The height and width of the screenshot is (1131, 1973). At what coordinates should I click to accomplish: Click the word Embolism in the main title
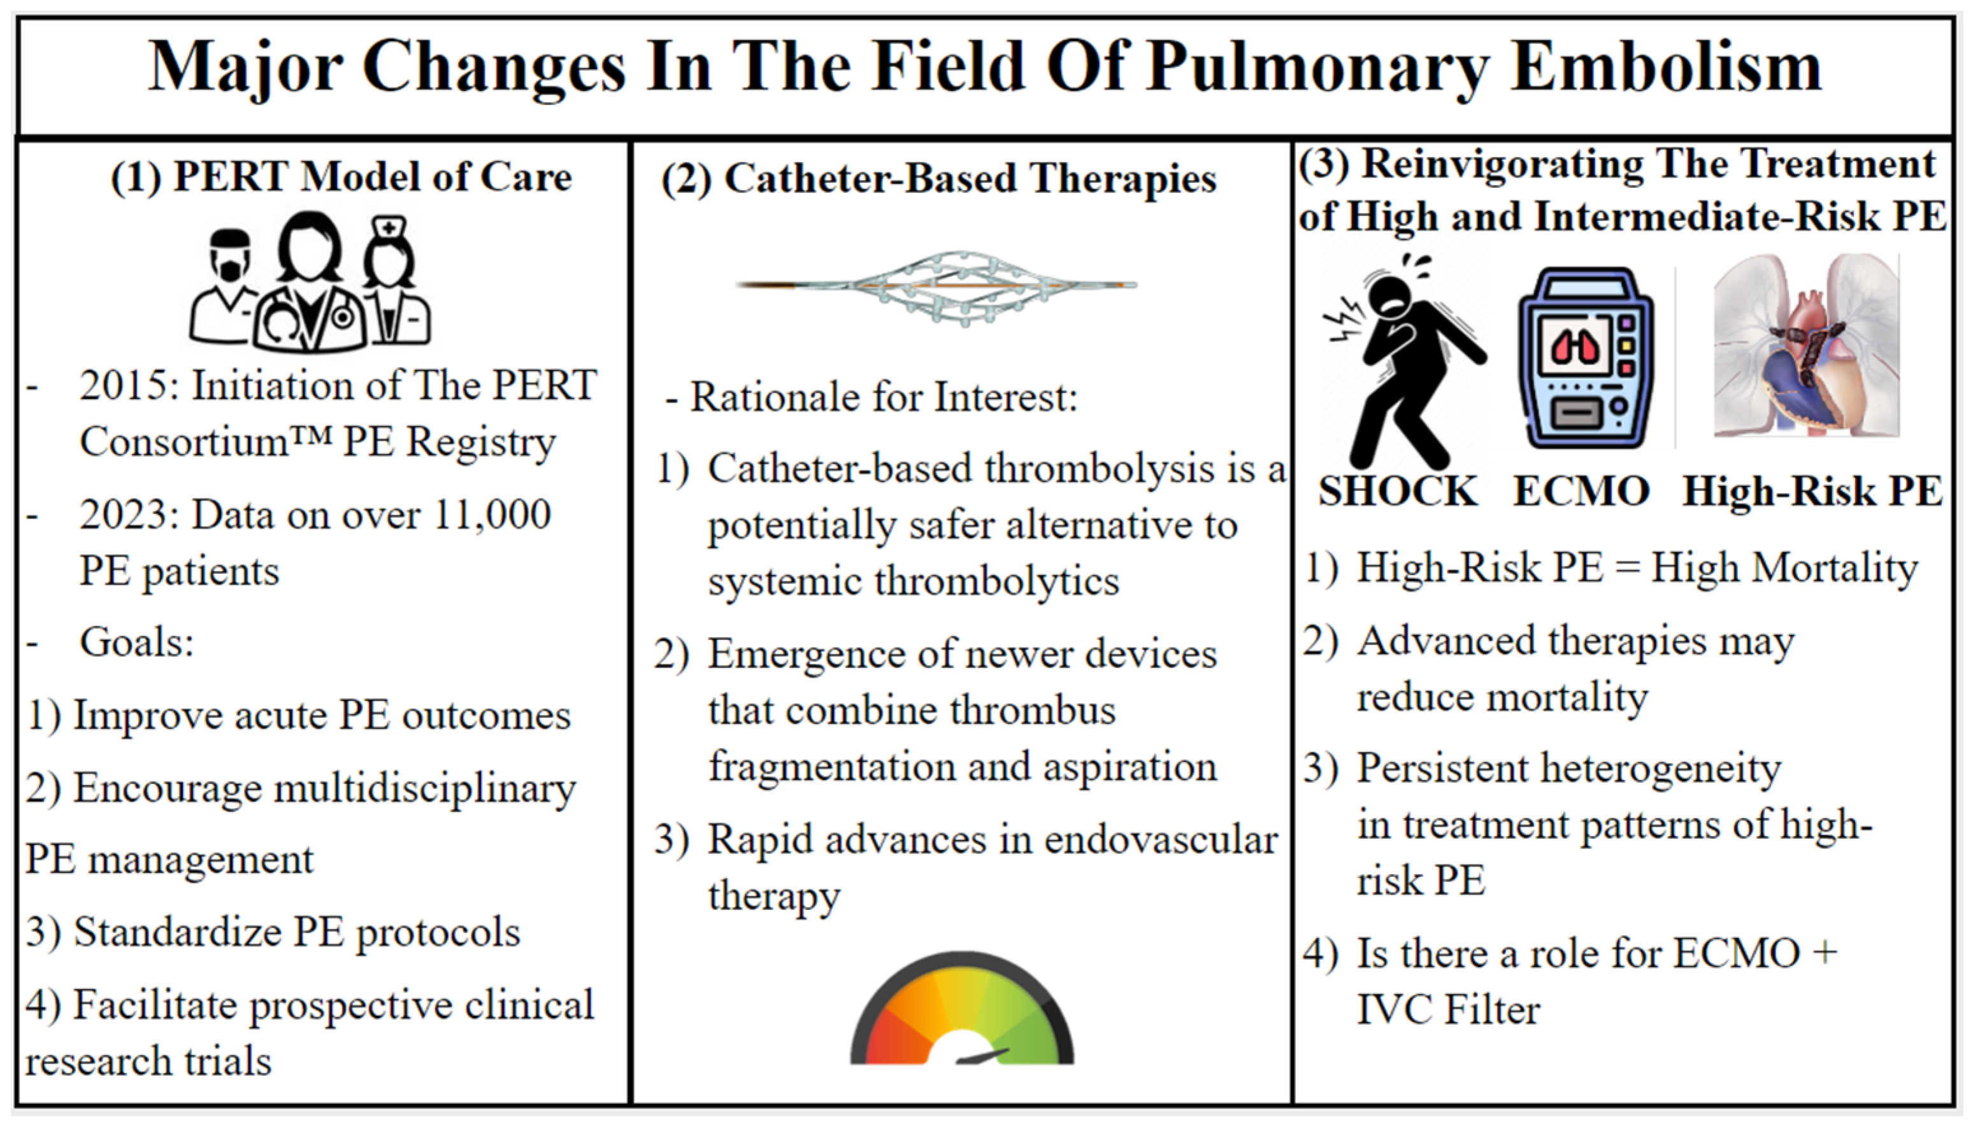coord(1666,67)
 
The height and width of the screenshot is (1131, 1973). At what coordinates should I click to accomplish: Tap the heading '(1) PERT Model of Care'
coord(341,176)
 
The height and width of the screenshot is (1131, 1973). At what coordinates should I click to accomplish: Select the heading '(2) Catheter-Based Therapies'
coord(938,179)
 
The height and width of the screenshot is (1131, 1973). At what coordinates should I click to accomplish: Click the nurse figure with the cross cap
coord(396,280)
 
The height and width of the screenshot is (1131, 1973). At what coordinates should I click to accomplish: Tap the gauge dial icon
coord(962,1008)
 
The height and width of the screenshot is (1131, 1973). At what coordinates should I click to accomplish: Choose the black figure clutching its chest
coord(1405,361)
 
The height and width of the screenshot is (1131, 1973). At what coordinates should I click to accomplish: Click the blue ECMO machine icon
coord(1585,358)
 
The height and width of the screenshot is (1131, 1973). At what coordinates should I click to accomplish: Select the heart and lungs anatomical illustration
coord(1807,346)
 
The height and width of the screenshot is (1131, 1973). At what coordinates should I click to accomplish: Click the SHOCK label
coord(1398,492)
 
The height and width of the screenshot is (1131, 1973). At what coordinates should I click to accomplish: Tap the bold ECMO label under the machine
coord(1581,492)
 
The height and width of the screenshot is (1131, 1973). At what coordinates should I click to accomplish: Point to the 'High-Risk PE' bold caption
coord(1812,492)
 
